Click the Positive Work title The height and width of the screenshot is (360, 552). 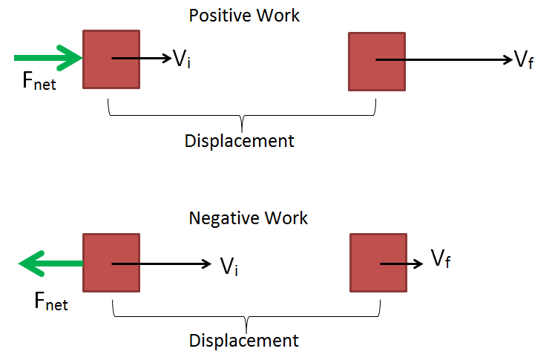[244, 16]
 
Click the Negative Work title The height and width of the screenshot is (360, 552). [248, 218]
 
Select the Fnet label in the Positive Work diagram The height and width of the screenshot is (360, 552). [39, 82]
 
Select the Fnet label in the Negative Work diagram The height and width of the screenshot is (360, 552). [50, 301]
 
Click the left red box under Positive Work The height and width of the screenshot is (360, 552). [111, 59]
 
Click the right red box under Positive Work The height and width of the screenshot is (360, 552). [377, 61]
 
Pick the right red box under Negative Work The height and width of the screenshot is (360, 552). [378, 264]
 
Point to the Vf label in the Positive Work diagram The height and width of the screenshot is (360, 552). [524, 61]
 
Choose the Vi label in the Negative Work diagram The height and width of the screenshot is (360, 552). [229, 266]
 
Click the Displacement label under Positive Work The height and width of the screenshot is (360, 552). [239, 140]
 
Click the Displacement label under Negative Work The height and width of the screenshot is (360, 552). [243, 341]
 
